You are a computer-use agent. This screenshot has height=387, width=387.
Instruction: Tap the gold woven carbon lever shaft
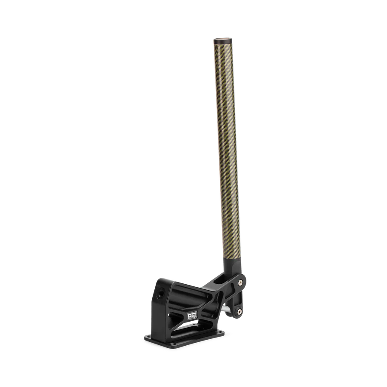click(226, 150)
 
